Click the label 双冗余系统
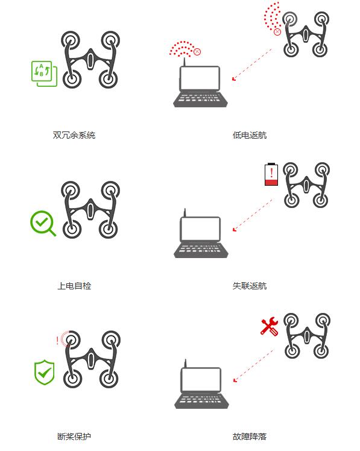(74, 135)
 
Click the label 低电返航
(250, 135)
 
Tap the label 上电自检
(74, 286)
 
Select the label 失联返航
(250, 286)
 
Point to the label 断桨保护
(74, 437)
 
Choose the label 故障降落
(250, 437)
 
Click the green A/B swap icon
(44, 74)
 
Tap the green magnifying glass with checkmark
(43, 224)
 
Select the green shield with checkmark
(44, 372)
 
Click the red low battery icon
(271, 174)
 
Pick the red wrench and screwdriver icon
(270, 326)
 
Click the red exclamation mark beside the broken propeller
(57, 341)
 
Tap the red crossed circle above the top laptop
(197, 52)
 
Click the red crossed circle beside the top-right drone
(277, 31)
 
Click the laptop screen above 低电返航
(200, 78)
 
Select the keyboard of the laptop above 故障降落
(201, 400)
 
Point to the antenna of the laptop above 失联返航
(185, 213)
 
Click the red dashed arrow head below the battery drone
(234, 229)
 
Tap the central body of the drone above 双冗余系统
(90, 59)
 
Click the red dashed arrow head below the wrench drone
(235, 380)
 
